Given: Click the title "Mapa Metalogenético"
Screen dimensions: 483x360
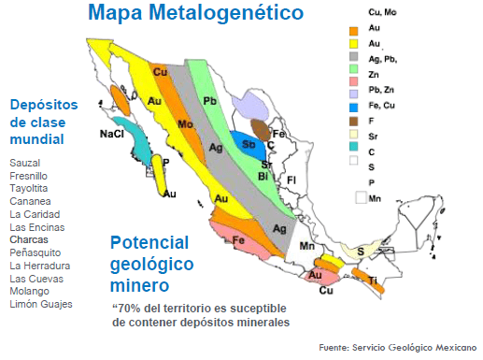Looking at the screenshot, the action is pyautogui.click(x=196, y=13).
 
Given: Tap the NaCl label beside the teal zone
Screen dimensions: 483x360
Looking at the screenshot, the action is pyautogui.click(x=112, y=134).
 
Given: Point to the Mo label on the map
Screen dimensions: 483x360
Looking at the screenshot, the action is pyautogui.click(x=185, y=124).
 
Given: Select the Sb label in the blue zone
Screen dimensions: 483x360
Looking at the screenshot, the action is pyautogui.click(x=249, y=144).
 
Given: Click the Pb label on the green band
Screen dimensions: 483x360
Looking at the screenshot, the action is pyautogui.click(x=209, y=101).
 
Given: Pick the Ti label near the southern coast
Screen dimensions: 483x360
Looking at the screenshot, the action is pyautogui.click(x=373, y=281).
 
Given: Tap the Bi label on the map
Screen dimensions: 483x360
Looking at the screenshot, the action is pyautogui.click(x=263, y=177).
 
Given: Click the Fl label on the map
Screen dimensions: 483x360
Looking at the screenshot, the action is pyautogui.click(x=291, y=180).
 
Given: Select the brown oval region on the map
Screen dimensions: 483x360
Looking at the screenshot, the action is pyautogui.click(x=261, y=130).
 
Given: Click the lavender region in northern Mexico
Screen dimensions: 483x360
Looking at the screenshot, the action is pyautogui.click(x=250, y=106).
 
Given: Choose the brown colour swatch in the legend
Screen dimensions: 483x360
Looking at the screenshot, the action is pyautogui.click(x=353, y=122).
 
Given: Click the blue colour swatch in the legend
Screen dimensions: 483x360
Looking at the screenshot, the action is pyautogui.click(x=353, y=108).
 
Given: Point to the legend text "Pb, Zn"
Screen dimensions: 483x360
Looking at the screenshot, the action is pyautogui.click(x=381, y=90).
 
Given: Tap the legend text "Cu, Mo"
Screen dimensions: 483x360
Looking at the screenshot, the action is pyautogui.click(x=382, y=12).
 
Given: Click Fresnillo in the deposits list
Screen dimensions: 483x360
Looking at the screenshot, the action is pyautogui.click(x=28, y=176).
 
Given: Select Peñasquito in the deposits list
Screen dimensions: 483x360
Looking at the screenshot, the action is pyautogui.click(x=36, y=252).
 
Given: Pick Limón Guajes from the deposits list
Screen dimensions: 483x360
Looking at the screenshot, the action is pyautogui.click(x=41, y=304).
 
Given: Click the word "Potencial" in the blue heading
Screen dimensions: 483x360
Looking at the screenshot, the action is pyautogui.click(x=149, y=242).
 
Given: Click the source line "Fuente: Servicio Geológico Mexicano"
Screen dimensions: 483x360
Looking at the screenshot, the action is pyautogui.click(x=398, y=348).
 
